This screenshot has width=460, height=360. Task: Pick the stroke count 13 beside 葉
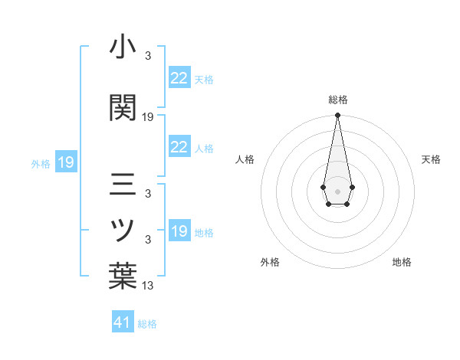tap(149, 286)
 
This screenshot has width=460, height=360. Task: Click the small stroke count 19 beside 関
tap(149, 117)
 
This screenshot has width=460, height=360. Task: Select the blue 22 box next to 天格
tap(179, 78)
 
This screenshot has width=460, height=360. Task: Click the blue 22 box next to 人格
tap(179, 147)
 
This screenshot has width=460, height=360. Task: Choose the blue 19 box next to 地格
tap(179, 231)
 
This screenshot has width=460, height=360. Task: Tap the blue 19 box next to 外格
tap(65, 162)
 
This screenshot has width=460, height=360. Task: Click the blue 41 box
tap(123, 322)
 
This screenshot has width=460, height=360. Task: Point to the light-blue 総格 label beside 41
tap(147, 324)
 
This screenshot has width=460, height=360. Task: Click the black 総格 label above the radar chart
tap(338, 100)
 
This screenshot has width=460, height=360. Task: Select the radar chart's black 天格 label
tap(431, 159)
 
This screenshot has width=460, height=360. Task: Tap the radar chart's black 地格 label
tap(402, 262)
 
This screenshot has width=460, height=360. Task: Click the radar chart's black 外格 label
tap(270, 262)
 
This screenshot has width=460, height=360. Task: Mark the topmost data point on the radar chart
tap(337, 116)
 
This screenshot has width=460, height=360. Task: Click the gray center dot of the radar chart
tap(337, 190)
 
